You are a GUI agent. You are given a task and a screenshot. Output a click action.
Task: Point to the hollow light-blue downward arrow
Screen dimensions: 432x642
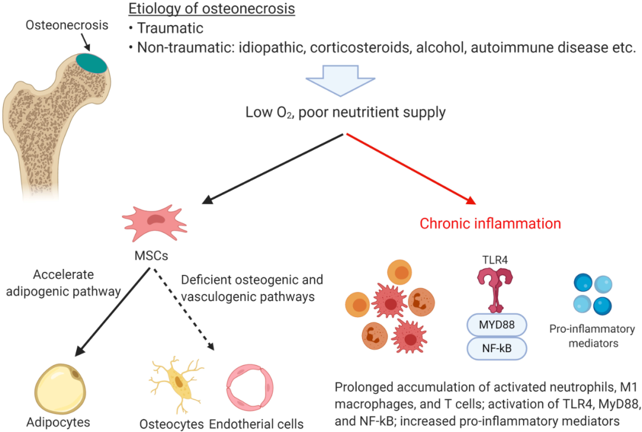tap(341, 83)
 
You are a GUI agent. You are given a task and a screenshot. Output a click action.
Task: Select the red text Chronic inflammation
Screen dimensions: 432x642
tap(490, 224)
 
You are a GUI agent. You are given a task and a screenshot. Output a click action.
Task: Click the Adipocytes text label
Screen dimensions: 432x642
tap(58, 423)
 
